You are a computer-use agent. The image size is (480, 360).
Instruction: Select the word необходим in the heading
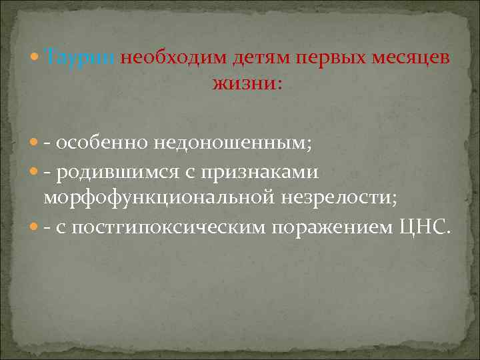point(175,58)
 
